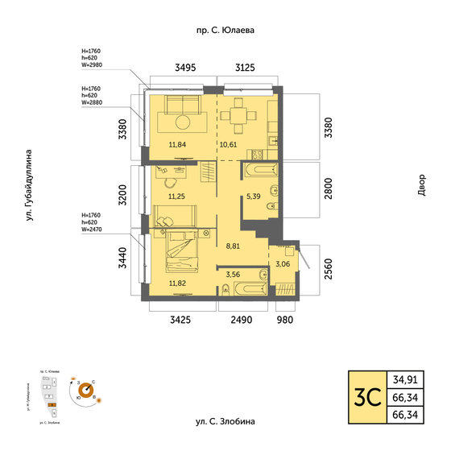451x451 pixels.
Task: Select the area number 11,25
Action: (x=176, y=196)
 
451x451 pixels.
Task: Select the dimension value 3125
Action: (x=245, y=68)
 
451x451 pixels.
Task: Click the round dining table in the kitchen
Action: (x=238, y=116)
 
